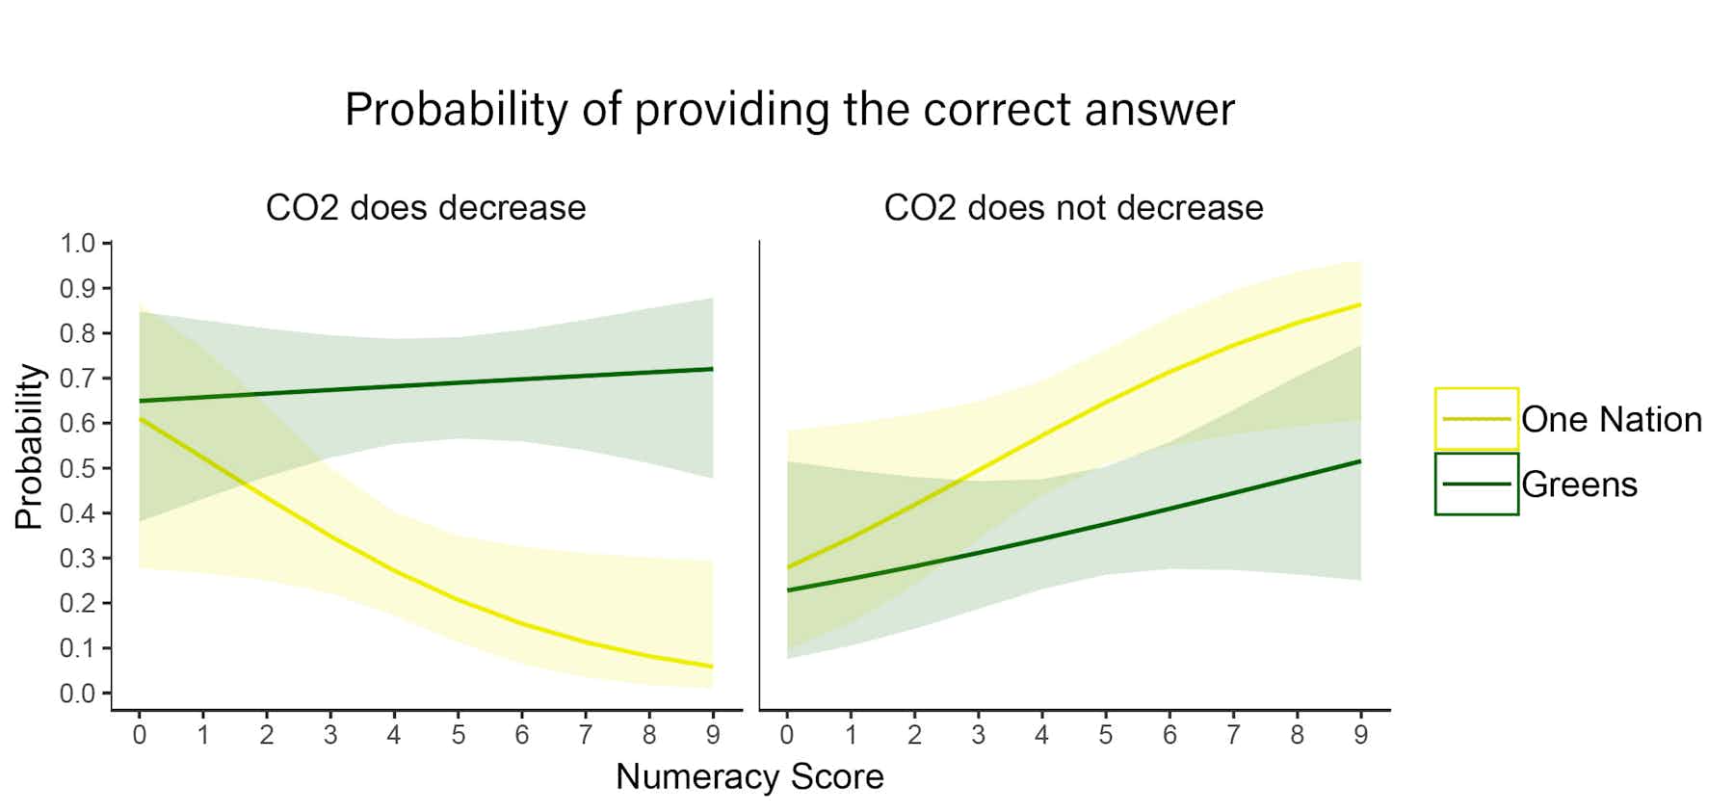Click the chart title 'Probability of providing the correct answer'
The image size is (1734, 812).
pyautogui.click(x=789, y=110)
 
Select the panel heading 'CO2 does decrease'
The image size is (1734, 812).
pyautogui.click(x=426, y=208)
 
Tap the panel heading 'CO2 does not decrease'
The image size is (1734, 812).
pyautogui.click(x=1073, y=208)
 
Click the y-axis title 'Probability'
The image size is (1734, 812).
pyautogui.click(x=29, y=446)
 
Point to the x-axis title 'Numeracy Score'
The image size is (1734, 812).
pyautogui.click(x=749, y=776)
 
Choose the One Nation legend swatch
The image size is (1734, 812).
pyautogui.click(x=1476, y=419)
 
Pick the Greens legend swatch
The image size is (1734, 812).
pyautogui.click(x=1476, y=484)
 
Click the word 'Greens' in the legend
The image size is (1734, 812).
pyautogui.click(x=1579, y=485)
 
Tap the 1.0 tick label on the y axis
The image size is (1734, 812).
pyautogui.click(x=77, y=243)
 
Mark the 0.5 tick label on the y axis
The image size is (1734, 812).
pyautogui.click(x=77, y=468)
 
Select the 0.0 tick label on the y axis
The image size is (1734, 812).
pyautogui.click(x=77, y=694)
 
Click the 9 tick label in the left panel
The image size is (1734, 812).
pyautogui.click(x=713, y=736)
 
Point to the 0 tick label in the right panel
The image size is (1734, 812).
pyautogui.click(x=787, y=736)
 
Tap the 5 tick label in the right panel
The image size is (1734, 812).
pyautogui.click(x=1105, y=736)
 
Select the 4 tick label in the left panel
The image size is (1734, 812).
pyautogui.click(x=394, y=736)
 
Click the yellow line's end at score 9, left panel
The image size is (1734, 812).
pyautogui.click(x=712, y=667)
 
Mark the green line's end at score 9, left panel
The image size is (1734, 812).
pyautogui.click(x=712, y=369)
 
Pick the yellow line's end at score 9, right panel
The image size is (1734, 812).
pyautogui.click(x=1359, y=304)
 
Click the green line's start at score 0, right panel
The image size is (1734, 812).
pyautogui.click(x=788, y=589)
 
